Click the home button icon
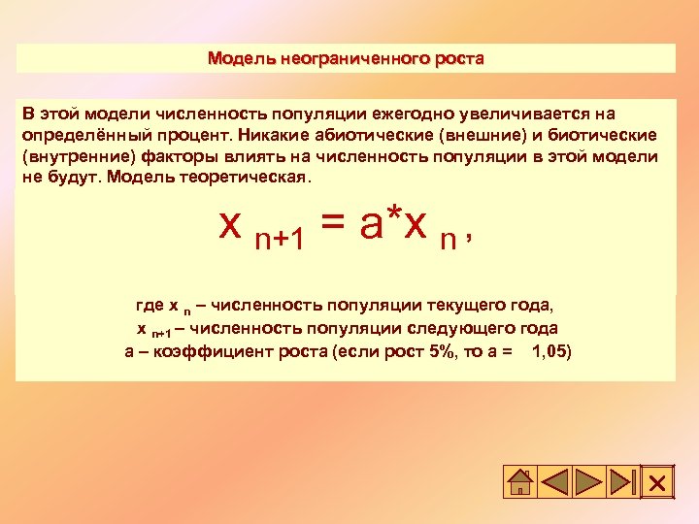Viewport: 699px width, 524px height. (521, 482)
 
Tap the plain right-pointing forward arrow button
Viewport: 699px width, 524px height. (587, 482)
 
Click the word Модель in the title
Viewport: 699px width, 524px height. (242, 58)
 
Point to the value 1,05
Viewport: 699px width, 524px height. (552, 350)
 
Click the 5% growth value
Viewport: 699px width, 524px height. (442, 350)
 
